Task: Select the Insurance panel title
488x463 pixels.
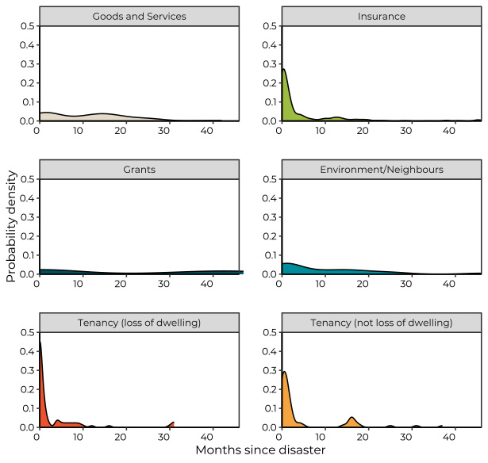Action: click(x=382, y=16)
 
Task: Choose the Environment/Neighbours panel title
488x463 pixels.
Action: click(x=382, y=169)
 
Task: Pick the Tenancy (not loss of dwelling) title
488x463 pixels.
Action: click(x=382, y=322)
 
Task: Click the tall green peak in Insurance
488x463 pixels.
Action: click(x=284, y=70)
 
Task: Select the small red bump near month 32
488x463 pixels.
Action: click(x=173, y=422)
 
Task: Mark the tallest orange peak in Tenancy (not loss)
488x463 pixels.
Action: click(x=284, y=372)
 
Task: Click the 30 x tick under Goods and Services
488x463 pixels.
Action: click(x=163, y=130)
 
